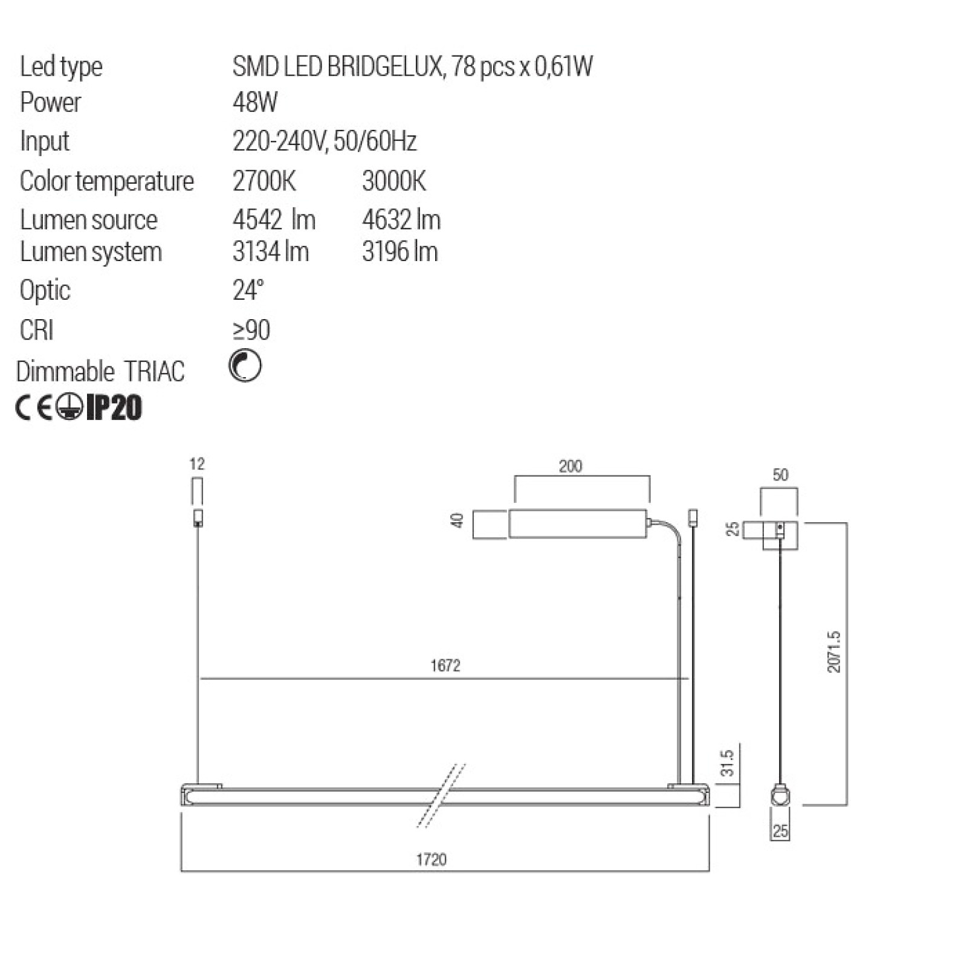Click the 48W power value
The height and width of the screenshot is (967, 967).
(x=255, y=102)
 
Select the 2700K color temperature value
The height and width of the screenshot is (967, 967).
(x=264, y=181)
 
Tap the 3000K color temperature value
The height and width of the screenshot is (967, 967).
(x=394, y=181)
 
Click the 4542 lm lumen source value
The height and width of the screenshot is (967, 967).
(x=274, y=219)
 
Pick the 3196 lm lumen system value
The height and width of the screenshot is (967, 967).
(x=400, y=251)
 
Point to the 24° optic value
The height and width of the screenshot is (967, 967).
(x=248, y=290)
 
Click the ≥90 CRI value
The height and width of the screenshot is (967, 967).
(x=251, y=330)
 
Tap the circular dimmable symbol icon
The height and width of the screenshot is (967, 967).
(x=245, y=366)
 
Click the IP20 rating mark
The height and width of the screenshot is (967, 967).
(x=114, y=407)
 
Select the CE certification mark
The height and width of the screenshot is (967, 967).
(x=34, y=408)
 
